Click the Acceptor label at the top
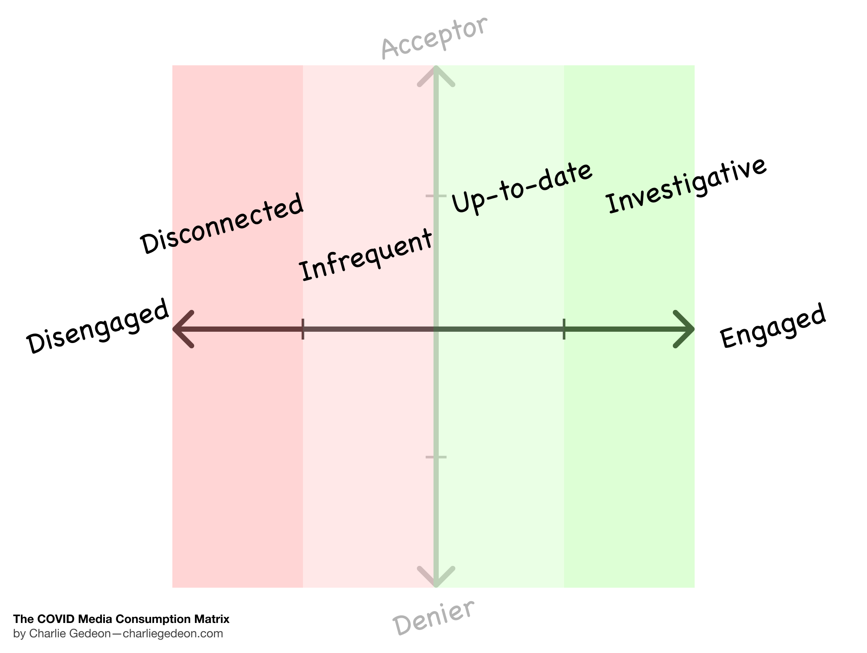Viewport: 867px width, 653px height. point(434,38)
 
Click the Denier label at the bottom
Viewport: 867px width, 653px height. point(433,617)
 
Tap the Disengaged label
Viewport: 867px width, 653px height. point(97,326)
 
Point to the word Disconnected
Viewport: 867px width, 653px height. point(222,223)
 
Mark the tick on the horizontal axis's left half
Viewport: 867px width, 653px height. point(303,329)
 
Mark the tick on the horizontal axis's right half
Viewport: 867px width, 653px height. point(564,329)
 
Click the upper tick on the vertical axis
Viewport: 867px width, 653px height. point(436,196)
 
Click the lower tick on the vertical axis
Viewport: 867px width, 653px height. point(436,457)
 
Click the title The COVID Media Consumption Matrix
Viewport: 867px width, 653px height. point(121,619)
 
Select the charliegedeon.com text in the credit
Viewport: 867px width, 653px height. point(173,633)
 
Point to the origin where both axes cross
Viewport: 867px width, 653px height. point(436,329)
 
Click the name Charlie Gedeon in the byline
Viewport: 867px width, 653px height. point(70,633)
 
